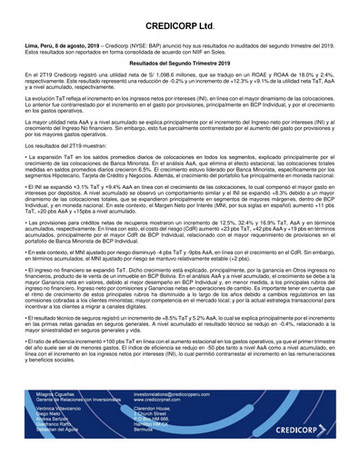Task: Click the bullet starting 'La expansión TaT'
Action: (180, 173)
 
